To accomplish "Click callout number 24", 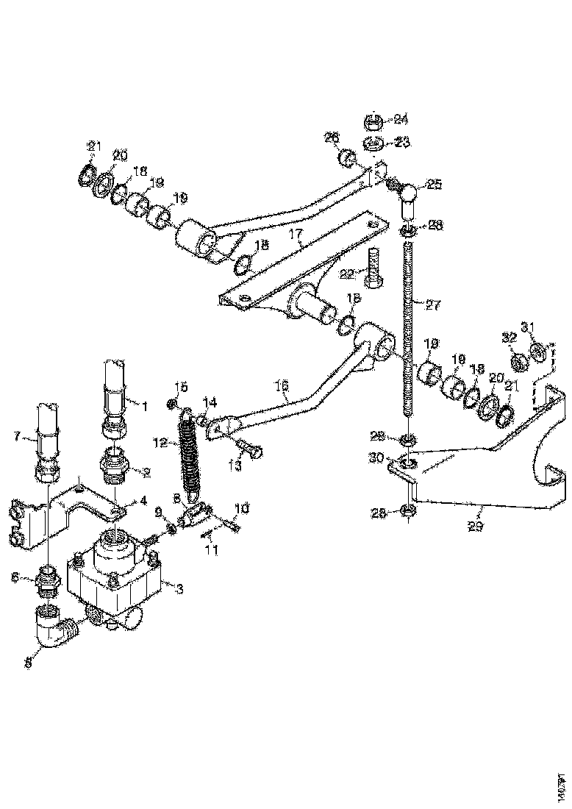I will (401, 119).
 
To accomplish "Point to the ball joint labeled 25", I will (406, 193).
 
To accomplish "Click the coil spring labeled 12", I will (190, 449).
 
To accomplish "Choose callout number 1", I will (144, 404).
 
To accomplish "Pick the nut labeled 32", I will (519, 361).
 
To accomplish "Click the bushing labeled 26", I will (347, 157).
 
